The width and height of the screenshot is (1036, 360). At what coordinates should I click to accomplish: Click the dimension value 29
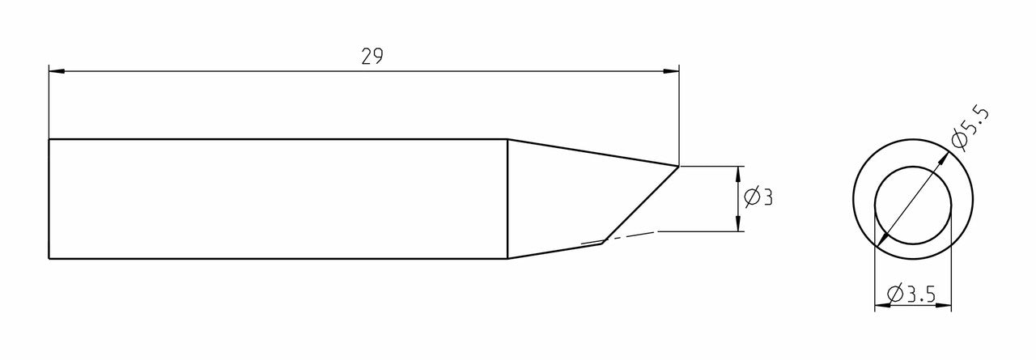[372, 57]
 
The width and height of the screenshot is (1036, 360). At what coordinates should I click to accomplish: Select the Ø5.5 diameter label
[970, 129]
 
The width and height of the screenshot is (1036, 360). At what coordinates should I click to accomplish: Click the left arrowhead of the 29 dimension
[56, 72]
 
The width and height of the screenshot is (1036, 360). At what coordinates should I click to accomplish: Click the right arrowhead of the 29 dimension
[672, 72]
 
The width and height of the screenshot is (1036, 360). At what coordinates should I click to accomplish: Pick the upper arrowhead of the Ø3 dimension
[737, 172]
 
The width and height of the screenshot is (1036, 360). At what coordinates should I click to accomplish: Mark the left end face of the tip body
[49, 199]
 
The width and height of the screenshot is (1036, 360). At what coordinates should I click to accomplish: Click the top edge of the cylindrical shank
[275, 139]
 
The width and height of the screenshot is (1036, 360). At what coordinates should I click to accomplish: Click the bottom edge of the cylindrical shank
[275, 259]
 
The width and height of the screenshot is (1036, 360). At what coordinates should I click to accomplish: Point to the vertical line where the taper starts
[507, 199]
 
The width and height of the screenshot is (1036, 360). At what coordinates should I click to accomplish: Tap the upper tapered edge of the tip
[591, 151]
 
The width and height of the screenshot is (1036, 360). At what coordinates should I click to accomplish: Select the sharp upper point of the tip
[678, 165]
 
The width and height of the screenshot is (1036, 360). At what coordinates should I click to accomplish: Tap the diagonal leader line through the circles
[913, 199]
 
